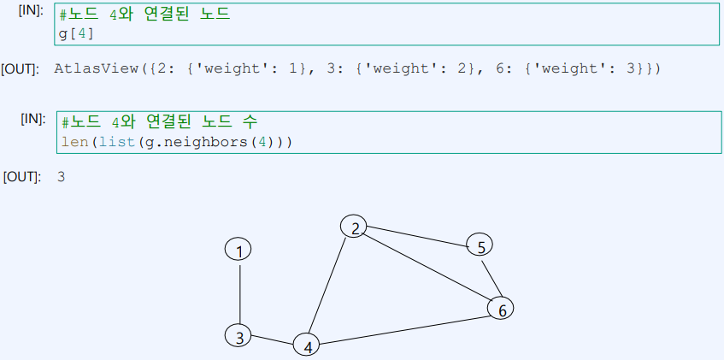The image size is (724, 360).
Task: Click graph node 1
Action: pyautogui.click(x=238, y=250)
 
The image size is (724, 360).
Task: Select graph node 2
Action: pyautogui.click(x=354, y=227)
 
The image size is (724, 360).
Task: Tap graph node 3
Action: pyautogui.click(x=239, y=337)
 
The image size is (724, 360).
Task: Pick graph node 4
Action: pyautogui.click(x=306, y=345)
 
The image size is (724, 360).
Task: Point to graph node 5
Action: pyautogui.click(x=480, y=246)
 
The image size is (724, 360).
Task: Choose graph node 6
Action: pyautogui.click(x=501, y=309)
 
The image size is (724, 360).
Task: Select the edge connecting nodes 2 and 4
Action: pyautogui.click(x=330, y=286)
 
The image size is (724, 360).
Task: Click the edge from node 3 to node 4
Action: pyautogui.click(x=273, y=340)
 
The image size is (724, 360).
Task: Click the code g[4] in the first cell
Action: pyautogui.click(x=76, y=33)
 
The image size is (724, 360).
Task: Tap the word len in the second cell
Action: pyautogui.click(x=74, y=141)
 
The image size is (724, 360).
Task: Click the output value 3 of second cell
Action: pyautogui.click(x=61, y=177)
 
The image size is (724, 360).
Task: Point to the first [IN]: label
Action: pyautogui.click(x=31, y=10)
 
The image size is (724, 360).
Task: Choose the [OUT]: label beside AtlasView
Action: pyautogui.click(x=21, y=68)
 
